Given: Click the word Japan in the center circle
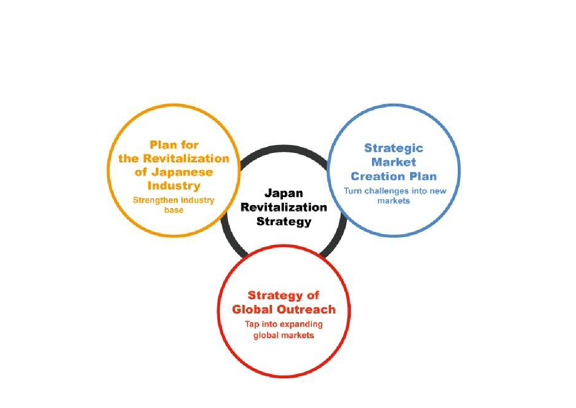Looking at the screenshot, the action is click(x=284, y=193).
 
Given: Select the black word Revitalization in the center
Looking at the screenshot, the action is click(x=284, y=207).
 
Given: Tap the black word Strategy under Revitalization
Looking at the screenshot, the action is click(x=284, y=222).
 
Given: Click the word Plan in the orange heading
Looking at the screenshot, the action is click(x=164, y=145).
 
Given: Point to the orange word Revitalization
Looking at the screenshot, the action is click(x=186, y=158).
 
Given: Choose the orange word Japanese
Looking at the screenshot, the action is click(x=182, y=173).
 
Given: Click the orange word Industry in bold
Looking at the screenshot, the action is click(x=174, y=186).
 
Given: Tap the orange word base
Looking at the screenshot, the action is click(x=174, y=210).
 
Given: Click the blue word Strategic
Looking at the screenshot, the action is click(x=393, y=148).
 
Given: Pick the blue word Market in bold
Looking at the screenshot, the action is click(x=393, y=162).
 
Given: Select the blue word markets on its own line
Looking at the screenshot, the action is click(x=393, y=201).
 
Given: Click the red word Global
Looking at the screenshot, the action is click(x=253, y=309).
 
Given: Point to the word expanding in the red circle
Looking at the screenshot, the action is click(x=301, y=325).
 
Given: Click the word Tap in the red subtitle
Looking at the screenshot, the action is click(x=252, y=325).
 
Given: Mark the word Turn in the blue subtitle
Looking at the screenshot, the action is click(x=353, y=191).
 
